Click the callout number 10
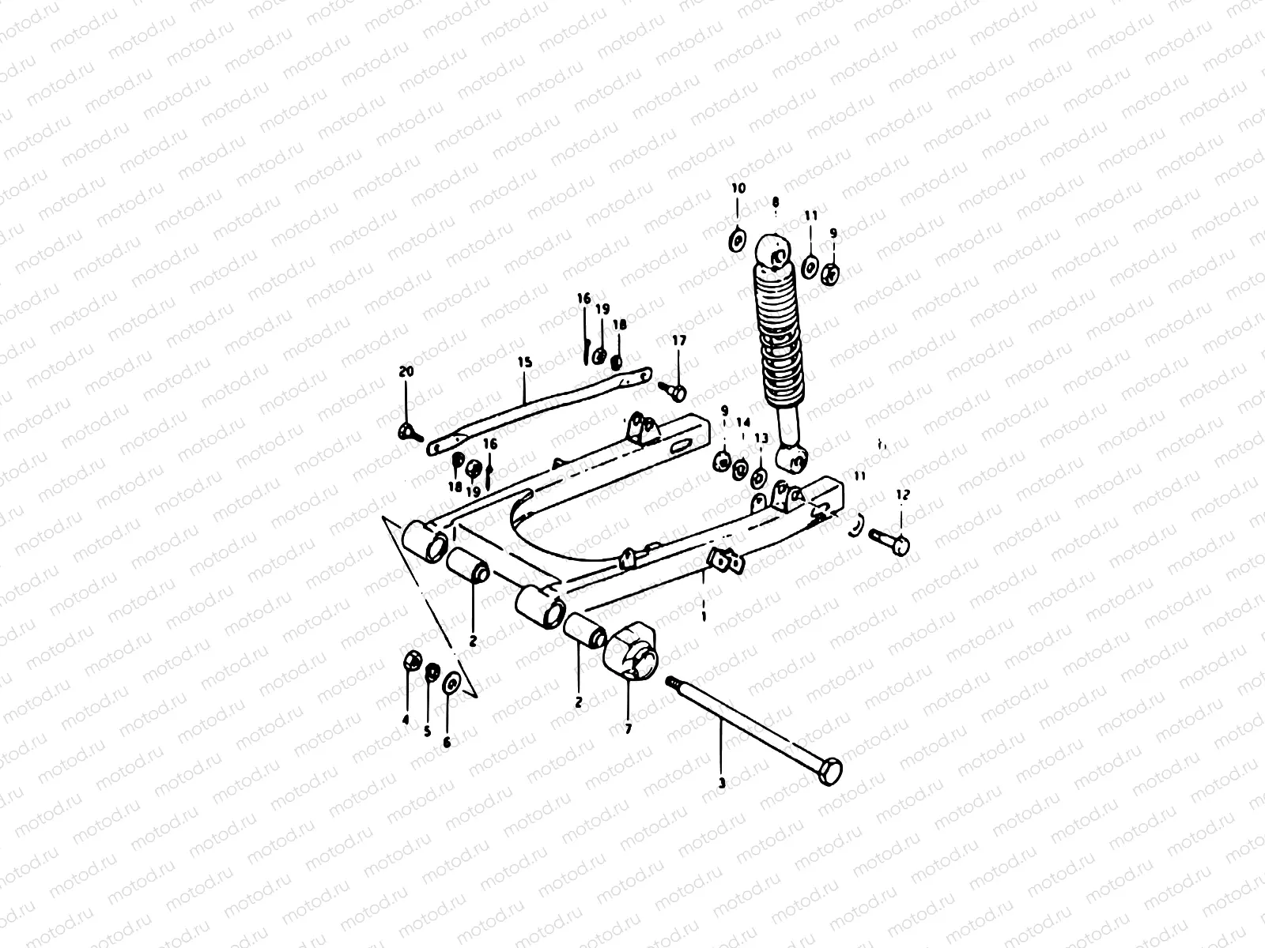[x=738, y=189]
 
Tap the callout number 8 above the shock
[x=776, y=201]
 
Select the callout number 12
[x=903, y=495]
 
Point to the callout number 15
[x=526, y=363]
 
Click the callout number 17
[x=680, y=340]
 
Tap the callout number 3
[x=721, y=784]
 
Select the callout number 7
[x=629, y=729]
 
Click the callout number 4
[x=406, y=720]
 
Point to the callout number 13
[x=761, y=438]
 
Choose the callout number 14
[x=742, y=422]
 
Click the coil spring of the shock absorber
[x=779, y=332]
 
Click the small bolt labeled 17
[x=673, y=389]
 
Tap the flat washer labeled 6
[x=451, y=681]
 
